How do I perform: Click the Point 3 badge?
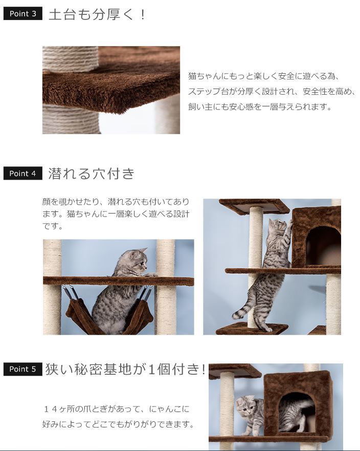pyautogui.click(x=22, y=14)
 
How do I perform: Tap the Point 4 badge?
pyautogui.click(x=22, y=174)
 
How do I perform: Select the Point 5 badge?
pyautogui.click(x=22, y=369)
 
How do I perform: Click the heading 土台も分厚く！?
pyautogui.click(x=97, y=14)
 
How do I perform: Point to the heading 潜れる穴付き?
pyautogui.click(x=92, y=174)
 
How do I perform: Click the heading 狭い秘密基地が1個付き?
pyautogui.click(x=126, y=369)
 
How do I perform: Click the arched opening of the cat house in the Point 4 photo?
pyautogui.click(x=323, y=246)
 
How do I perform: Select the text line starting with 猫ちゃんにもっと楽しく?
pyautogui.click(x=264, y=76)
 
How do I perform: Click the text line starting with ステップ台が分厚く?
pyautogui.click(x=271, y=92)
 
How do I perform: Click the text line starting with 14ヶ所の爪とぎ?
pyautogui.click(x=117, y=409)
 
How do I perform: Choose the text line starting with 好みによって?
pyautogui.click(x=118, y=424)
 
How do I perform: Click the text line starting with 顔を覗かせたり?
pyautogui.click(x=116, y=202)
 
